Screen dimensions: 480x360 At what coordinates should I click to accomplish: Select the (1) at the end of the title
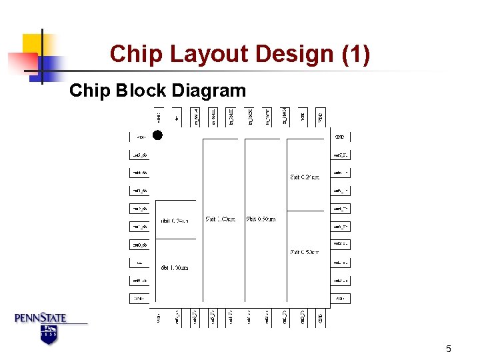(355, 55)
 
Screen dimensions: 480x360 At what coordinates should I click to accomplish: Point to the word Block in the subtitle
(137, 91)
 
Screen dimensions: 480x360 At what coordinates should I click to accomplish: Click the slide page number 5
(449, 349)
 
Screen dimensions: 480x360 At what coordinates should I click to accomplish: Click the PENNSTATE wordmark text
(41, 318)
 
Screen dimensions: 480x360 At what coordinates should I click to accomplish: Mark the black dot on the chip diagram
(157, 135)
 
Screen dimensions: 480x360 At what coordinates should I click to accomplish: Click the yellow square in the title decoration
(31, 44)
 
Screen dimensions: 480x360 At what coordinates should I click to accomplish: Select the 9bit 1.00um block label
(219, 219)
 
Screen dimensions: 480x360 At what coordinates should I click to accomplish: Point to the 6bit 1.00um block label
(175, 267)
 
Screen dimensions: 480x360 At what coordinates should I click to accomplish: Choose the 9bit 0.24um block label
(305, 177)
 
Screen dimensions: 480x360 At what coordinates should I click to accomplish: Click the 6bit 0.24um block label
(175, 221)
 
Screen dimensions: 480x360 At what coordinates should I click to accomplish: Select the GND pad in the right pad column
(340, 137)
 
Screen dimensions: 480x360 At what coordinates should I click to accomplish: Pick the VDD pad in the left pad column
(141, 137)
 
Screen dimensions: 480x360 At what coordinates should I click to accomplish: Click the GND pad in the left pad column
(141, 299)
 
